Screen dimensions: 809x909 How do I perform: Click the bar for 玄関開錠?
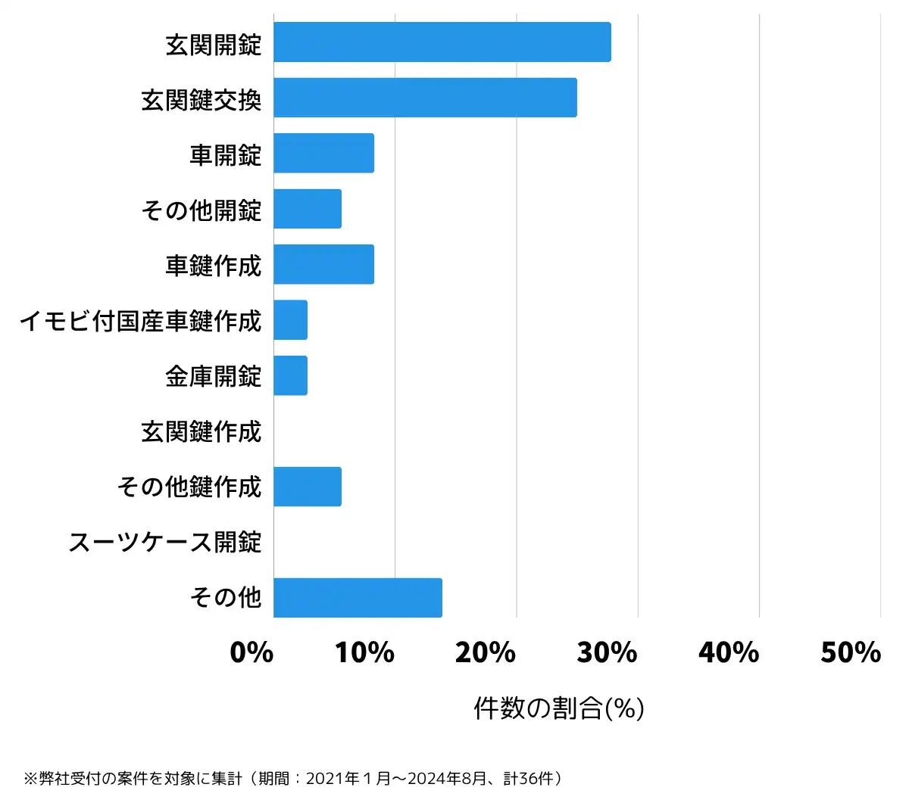(442, 42)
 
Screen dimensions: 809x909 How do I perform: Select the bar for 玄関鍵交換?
(425, 98)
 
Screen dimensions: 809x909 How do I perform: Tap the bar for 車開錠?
(323, 153)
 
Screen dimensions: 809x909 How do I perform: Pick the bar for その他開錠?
(308, 209)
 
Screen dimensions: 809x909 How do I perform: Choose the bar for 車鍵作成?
(323, 264)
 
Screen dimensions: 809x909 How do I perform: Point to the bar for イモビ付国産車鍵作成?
(290, 320)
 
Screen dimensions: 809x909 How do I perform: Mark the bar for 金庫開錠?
(290, 375)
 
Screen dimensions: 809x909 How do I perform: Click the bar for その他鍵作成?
(308, 487)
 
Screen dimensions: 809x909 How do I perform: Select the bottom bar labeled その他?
(358, 598)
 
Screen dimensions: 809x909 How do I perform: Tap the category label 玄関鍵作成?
(201, 431)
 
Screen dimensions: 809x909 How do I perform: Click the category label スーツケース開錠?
(164, 542)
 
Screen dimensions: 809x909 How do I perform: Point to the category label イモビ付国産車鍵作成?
(140, 321)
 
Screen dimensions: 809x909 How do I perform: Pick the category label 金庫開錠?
(213, 376)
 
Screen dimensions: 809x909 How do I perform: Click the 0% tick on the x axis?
(251, 652)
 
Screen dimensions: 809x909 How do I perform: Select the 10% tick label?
(364, 652)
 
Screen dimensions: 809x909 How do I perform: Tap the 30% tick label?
(607, 652)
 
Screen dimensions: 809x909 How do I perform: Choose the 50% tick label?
(850, 652)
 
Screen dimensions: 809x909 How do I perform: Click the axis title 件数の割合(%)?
(559, 708)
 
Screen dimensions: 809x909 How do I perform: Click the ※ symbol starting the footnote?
(30, 779)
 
